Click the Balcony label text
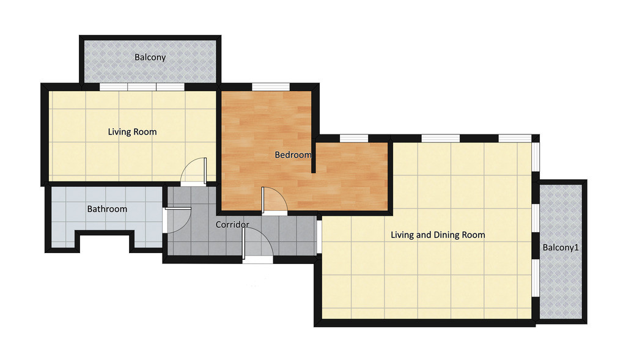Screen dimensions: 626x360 (150, 57)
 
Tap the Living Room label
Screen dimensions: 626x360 (132, 131)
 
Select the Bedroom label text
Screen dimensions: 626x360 (293, 155)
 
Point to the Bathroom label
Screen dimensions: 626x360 (107, 209)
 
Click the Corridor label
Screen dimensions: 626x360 (232, 225)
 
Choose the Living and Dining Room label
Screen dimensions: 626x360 (438, 235)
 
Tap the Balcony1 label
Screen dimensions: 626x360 (561, 248)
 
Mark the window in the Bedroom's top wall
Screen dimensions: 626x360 (271, 87)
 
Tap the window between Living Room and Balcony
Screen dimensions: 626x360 (142, 87)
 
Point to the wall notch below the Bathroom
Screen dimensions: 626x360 (105, 241)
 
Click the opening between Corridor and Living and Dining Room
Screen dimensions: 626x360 (319, 237)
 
